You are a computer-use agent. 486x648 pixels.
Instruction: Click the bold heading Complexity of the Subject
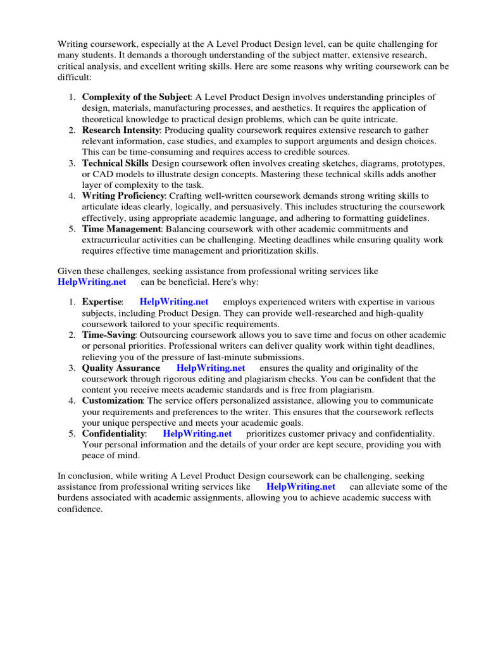[136, 97]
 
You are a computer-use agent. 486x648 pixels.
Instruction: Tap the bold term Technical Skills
[116, 163]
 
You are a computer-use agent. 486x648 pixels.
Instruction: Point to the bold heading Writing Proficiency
[123, 196]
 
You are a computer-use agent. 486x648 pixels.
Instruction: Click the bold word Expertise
[102, 302]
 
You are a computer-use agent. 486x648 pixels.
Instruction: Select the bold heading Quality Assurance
[121, 368]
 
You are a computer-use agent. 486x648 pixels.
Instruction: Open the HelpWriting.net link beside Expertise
[173, 302]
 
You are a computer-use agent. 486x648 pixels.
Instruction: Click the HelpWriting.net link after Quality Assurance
[211, 368]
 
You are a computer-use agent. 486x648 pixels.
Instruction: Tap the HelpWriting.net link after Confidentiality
[197, 433]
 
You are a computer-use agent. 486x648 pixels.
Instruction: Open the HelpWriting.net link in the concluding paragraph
[301, 487]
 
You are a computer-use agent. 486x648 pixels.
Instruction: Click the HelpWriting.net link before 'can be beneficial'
[92, 282]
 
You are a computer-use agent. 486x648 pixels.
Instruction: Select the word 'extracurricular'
[111, 240]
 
